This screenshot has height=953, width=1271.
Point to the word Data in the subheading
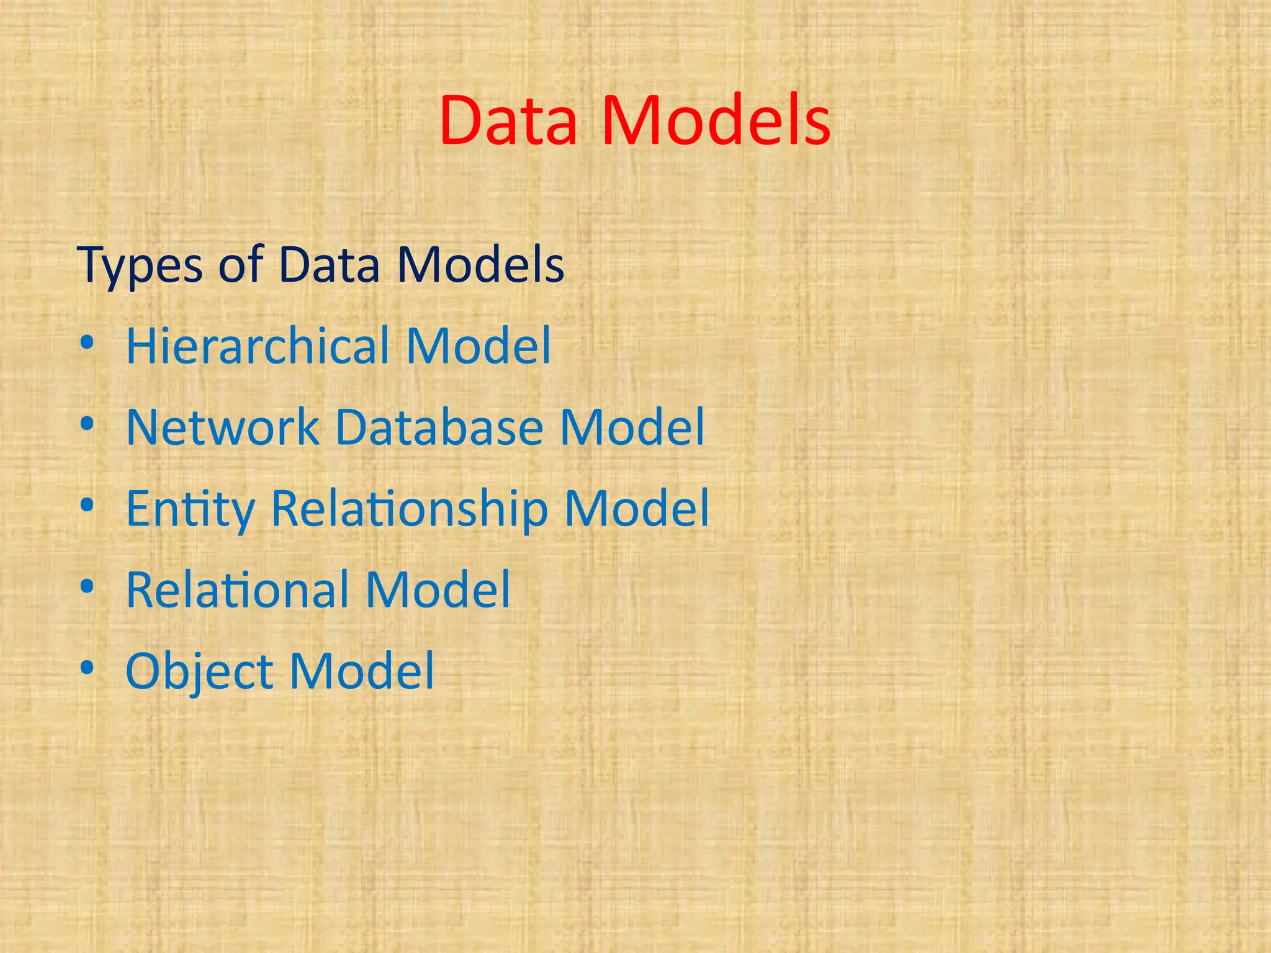pos(329,265)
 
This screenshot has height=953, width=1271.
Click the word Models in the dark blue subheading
pos(480,265)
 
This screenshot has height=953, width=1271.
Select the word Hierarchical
pos(258,346)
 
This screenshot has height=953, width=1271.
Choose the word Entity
pos(191,509)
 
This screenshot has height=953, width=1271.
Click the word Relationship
pos(410,509)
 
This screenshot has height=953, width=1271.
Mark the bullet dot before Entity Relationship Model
pos(88,505)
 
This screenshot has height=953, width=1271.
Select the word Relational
pos(237,589)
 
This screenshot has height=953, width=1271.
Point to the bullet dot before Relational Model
pos(88,586)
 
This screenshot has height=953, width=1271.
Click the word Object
pos(199,672)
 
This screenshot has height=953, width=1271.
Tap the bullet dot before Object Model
pos(88,668)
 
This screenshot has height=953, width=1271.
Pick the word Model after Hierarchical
pos(478,346)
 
